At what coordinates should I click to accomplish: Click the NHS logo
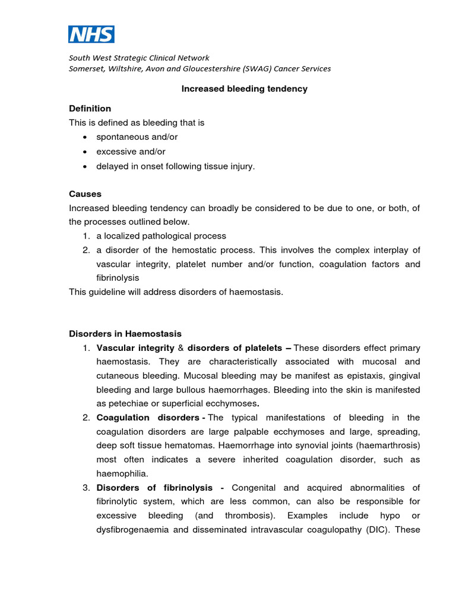point(91,34)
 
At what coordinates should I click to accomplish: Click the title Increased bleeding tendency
point(244,89)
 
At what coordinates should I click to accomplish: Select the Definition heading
point(90,108)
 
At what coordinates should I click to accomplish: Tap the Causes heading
point(85,194)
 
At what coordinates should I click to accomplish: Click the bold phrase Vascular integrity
point(135,348)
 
